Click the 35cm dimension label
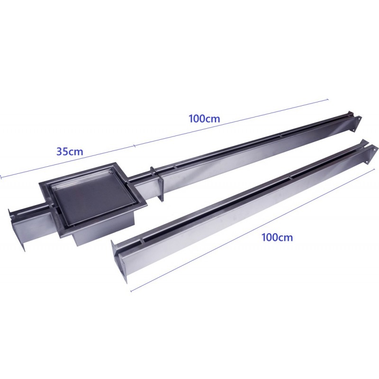tap(70, 152)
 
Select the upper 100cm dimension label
tap(204, 119)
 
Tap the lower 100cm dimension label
tap(277, 238)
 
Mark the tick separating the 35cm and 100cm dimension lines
tap(135, 145)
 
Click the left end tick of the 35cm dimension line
tap(1, 177)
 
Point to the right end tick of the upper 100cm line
tap(328, 99)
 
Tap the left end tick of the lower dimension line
tap(131, 291)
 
